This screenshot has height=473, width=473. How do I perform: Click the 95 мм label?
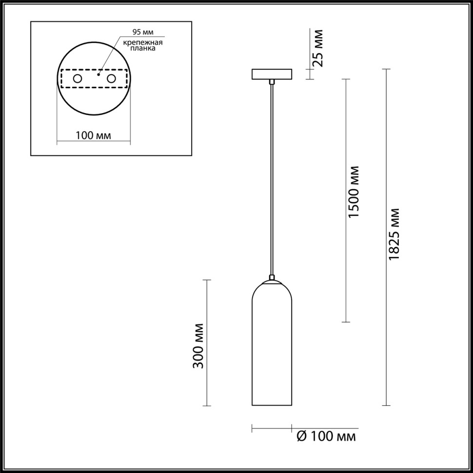(143, 33)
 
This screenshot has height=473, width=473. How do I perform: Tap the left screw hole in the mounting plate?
(78, 79)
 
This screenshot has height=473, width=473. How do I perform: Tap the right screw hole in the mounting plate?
(112, 79)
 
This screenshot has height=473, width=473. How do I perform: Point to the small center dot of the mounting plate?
(99, 76)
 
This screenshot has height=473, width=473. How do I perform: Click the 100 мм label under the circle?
(93, 136)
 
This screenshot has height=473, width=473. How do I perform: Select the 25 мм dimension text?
(317, 48)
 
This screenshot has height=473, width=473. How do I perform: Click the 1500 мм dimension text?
(355, 192)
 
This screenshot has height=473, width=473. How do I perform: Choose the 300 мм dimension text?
(198, 345)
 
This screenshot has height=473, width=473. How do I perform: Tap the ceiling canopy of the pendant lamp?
(272, 75)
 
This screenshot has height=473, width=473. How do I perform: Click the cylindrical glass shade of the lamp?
(272, 351)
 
